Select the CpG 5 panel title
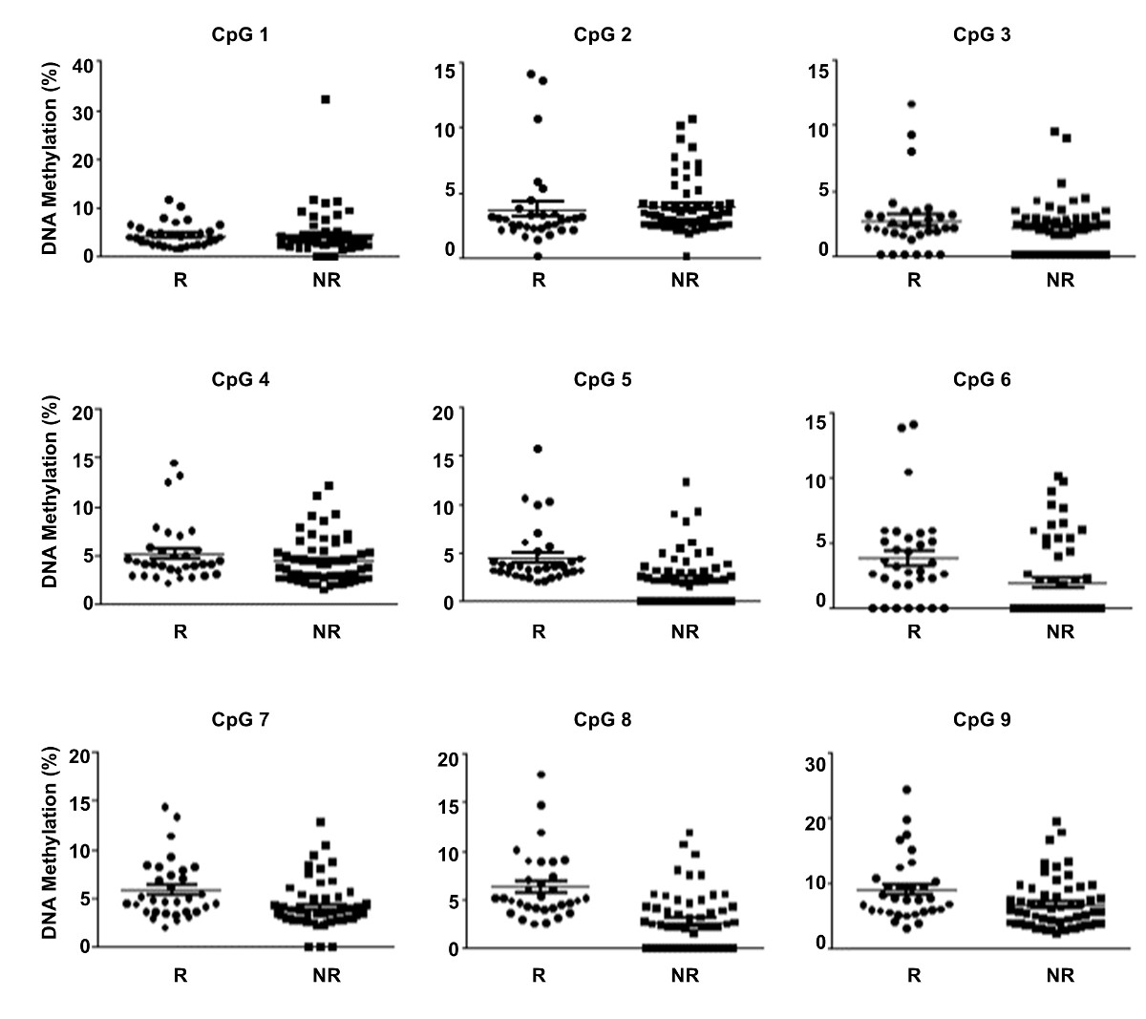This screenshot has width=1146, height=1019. coord(603,379)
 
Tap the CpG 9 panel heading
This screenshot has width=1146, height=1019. coord(982,720)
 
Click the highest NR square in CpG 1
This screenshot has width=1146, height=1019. coord(326,99)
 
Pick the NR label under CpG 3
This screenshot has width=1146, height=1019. coord(1060,280)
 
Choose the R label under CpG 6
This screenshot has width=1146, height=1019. coord(913,631)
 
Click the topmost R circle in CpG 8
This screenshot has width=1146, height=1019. coord(541,775)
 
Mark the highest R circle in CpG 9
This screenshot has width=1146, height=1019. coord(906,790)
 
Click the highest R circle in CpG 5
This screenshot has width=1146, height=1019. coord(538,448)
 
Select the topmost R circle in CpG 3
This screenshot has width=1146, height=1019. coord(912,103)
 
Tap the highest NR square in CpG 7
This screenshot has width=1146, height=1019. coord(321,821)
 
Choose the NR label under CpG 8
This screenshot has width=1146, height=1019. coord(685,975)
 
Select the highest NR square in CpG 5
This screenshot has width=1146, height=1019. coord(686,482)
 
